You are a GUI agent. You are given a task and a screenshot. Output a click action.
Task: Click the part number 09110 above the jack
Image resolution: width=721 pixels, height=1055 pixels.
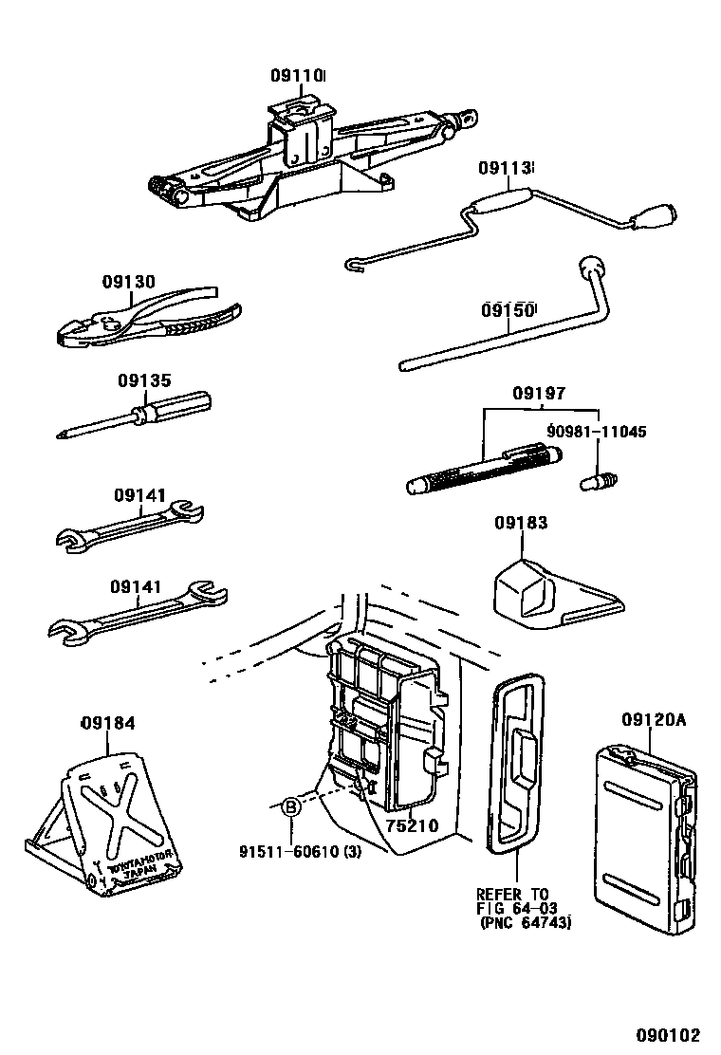coord(297,76)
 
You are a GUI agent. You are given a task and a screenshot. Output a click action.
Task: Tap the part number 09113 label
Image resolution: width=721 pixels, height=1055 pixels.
coord(504,168)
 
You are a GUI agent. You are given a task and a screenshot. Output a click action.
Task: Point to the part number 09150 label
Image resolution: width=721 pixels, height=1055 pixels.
coord(508,310)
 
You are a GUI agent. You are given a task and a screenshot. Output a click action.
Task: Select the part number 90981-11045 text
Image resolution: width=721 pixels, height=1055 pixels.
coord(597,432)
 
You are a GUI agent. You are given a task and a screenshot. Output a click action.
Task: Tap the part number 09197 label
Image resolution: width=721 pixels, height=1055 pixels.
coord(539,393)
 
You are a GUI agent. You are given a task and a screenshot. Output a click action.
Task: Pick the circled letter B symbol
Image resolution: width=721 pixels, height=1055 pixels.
coord(292,807)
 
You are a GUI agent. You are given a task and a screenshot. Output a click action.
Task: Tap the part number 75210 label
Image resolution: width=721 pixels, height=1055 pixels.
coord(412,825)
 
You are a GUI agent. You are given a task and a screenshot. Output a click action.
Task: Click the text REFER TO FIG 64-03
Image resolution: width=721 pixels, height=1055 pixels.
coord(513,901)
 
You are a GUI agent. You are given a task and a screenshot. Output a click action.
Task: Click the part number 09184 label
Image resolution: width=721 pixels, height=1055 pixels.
coord(107,723)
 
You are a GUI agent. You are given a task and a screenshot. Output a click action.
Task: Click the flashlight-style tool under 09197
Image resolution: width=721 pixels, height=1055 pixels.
coord(484,472)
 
